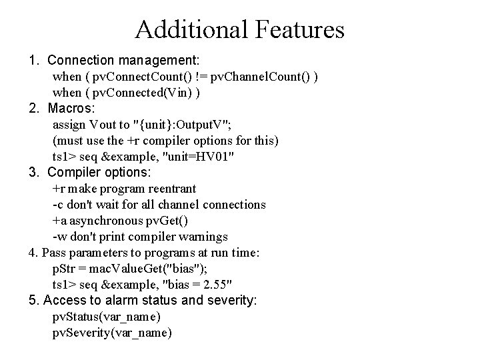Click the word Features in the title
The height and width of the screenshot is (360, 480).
(x=297, y=30)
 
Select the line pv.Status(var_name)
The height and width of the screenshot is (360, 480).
(x=107, y=317)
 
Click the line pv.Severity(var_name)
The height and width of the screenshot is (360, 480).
(x=112, y=333)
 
